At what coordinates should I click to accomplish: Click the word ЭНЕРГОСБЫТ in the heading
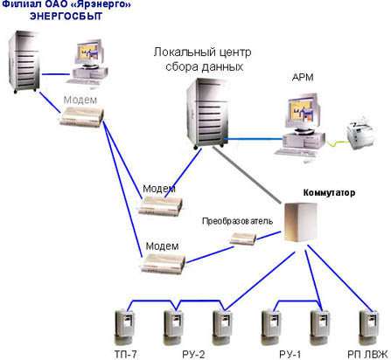[66, 16]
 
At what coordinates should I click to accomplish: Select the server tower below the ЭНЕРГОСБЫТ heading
[24, 62]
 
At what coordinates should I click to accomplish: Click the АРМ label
[303, 77]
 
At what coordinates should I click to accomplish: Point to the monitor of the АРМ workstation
[304, 113]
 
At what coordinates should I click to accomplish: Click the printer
[361, 133]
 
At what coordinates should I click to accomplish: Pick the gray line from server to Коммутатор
[247, 175]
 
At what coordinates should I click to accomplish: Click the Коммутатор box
[301, 222]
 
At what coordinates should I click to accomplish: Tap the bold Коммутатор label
[329, 192]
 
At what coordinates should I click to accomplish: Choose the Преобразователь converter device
[243, 239]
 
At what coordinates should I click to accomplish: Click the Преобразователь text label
[237, 221]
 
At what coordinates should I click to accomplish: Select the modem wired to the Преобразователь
[163, 263]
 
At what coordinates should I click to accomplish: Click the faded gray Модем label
[80, 100]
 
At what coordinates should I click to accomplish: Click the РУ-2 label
[193, 354]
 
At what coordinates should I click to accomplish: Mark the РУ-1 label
[290, 354]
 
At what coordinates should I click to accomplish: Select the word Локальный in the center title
[184, 52]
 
